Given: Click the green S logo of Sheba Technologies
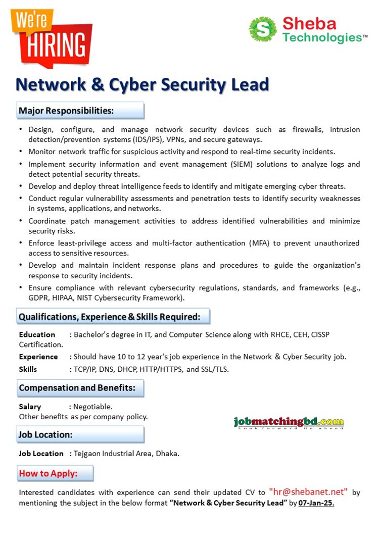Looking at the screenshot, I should [x=263, y=29].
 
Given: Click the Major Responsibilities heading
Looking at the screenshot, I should [x=66, y=111].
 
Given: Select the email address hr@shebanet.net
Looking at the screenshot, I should [x=308, y=491].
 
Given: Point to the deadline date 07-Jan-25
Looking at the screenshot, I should [x=316, y=503].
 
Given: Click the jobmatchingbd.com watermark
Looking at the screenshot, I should [x=289, y=422].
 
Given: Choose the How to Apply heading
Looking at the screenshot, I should [x=49, y=474].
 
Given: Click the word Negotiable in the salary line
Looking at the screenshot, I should [x=93, y=406].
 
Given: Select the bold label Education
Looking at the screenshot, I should [x=37, y=334].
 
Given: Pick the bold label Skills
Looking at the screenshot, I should [x=28, y=369].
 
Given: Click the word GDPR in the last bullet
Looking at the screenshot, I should [x=39, y=298].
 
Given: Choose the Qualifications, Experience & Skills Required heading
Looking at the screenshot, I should [x=110, y=317].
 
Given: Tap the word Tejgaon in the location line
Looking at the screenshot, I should [x=87, y=453].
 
